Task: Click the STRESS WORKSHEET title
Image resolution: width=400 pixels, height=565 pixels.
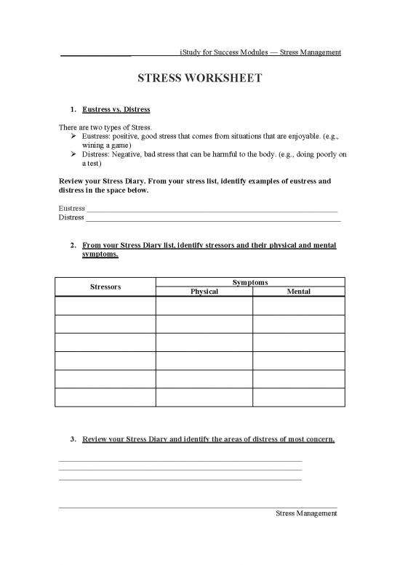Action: click(199, 78)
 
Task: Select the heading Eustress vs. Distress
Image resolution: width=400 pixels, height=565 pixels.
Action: click(116, 109)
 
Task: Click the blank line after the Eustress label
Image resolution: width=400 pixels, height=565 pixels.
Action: click(211, 209)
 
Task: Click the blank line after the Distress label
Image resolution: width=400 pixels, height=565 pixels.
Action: click(212, 218)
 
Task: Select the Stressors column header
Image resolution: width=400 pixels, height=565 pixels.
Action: click(105, 286)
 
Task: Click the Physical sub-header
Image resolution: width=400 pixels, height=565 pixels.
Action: click(204, 292)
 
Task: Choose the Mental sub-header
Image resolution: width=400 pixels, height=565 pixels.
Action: click(298, 292)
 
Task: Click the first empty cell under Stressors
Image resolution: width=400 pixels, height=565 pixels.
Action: click(105, 305)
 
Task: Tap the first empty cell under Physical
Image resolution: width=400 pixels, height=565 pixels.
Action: click(204, 305)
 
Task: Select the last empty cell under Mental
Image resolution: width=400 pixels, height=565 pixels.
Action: click(298, 397)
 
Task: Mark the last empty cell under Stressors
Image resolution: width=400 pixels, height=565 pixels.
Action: click(105, 397)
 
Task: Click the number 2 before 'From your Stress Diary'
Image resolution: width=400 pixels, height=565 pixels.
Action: click(73, 247)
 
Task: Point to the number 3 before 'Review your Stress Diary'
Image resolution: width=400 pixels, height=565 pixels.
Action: click(73, 439)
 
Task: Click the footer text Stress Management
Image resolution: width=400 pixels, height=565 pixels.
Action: click(306, 513)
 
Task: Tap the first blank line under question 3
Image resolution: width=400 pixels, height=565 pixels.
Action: click(180, 461)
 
